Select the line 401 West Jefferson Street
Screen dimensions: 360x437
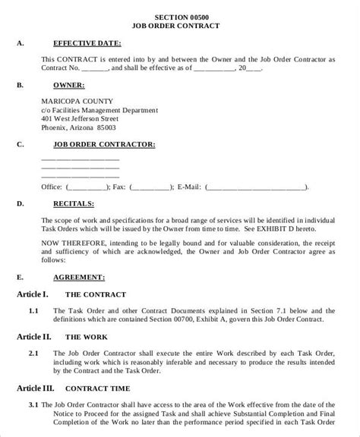[80, 119]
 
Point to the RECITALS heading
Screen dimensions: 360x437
[74, 203]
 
